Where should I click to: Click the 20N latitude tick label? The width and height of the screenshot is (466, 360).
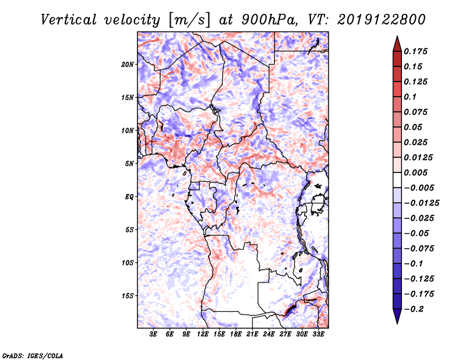click(x=128, y=64)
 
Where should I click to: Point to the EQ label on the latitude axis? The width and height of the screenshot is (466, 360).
click(x=129, y=197)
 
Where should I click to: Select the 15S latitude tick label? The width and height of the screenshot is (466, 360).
click(x=128, y=296)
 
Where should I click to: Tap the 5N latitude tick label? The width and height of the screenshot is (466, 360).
click(x=129, y=164)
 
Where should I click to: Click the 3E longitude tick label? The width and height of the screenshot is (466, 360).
click(x=154, y=335)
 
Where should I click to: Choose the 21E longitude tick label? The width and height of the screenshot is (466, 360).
click(x=252, y=335)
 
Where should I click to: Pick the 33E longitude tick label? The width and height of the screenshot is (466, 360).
click(x=318, y=335)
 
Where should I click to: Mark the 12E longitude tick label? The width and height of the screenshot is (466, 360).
click(x=203, y=335)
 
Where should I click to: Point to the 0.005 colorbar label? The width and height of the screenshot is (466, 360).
click(x=417, y=172)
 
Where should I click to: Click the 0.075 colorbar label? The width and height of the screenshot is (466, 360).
click(x=417, y=112)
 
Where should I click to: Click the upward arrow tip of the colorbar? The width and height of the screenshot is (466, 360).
click(x=397, y=38)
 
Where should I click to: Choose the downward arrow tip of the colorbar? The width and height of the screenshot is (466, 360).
click(x=397, y=322)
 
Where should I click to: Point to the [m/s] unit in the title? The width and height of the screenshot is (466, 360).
click(x=188, y=20)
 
